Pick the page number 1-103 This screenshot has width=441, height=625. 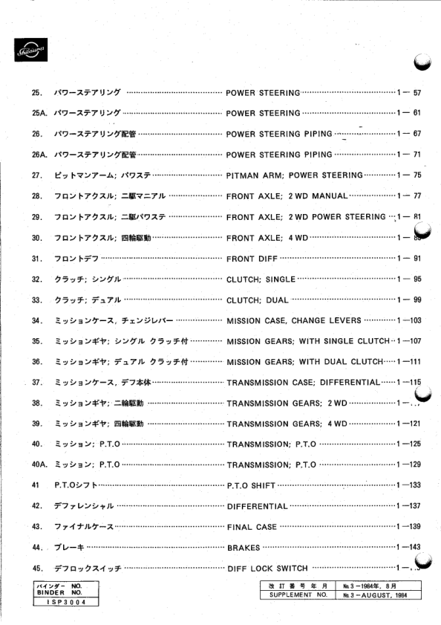point(409,320)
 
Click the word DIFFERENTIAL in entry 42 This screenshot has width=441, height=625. point(256,506)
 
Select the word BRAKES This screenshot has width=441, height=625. point(243,548)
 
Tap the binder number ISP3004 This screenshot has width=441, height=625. point(61,603)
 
